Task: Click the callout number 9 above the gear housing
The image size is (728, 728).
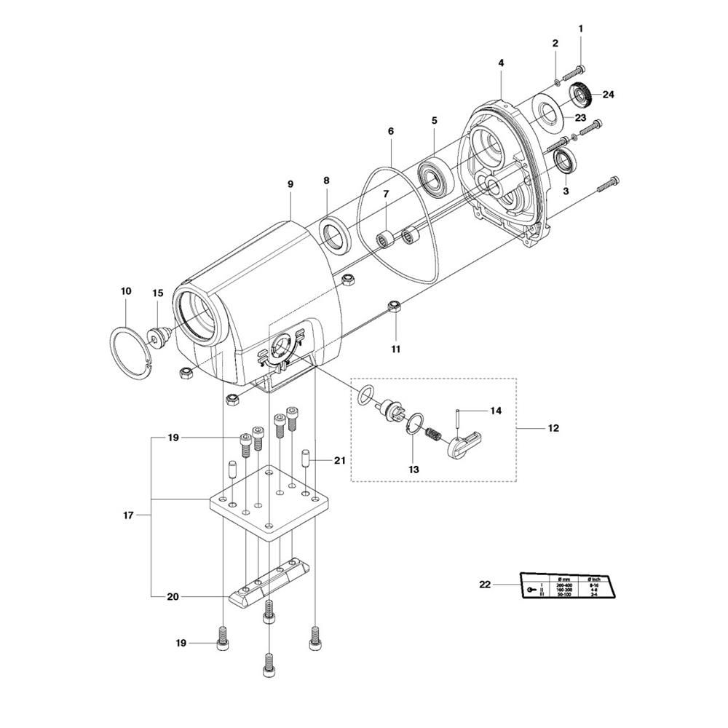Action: pos(290,185)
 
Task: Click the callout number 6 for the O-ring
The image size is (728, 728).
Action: pos(391,131)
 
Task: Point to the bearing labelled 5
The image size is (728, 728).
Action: pos(435,176)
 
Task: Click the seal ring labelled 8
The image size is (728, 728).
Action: pos(336,235)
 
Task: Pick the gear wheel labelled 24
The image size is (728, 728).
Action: pos(582,95)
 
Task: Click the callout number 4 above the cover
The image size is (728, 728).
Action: pos(501,64)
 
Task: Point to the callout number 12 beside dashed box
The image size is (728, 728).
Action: pos(553,428)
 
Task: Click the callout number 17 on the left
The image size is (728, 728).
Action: pos(129,516)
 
